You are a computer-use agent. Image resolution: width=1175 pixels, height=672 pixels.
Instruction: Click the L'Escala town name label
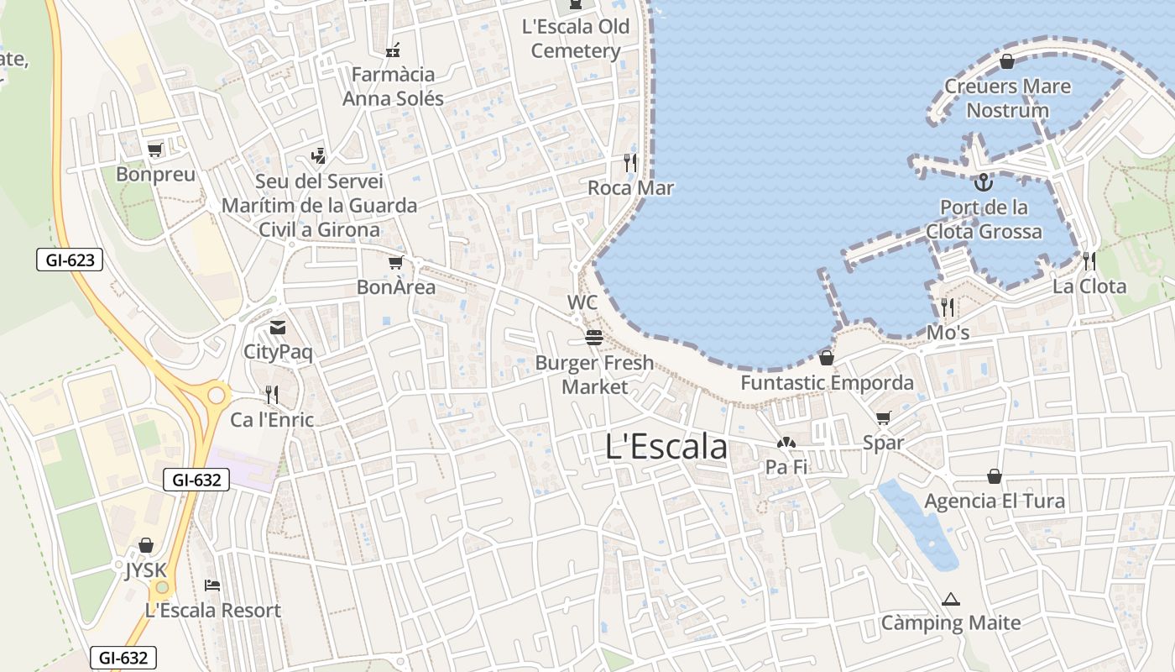[666, 447]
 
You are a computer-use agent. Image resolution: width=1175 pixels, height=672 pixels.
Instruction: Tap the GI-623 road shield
[70, 260]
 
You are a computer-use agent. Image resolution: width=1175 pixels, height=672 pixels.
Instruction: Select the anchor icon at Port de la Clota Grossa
[983, 181]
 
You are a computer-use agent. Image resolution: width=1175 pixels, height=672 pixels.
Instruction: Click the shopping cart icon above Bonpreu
[154, 150]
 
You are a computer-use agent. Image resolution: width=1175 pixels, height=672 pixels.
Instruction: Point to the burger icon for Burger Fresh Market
[594, 338]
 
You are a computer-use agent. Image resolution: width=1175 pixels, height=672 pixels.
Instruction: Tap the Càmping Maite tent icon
[950, 600]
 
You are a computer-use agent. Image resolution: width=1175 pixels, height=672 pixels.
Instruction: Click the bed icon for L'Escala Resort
[212, 585]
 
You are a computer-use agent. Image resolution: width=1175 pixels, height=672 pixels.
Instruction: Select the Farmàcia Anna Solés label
[393, 87]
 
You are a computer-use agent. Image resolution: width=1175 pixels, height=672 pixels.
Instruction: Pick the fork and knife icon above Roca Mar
[630, 162]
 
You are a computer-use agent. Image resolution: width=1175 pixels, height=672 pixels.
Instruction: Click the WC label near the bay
[582, 302]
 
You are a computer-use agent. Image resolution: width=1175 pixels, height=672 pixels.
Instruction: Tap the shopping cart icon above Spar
[883, 417]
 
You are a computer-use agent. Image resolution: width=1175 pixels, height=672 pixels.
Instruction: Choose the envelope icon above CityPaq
[277, 328]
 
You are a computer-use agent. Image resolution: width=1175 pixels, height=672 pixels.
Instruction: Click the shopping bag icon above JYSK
[146, 546]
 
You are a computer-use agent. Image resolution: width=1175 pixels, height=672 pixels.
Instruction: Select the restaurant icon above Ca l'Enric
[271, 394]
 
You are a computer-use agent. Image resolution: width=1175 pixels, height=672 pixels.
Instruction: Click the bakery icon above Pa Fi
[786, 443]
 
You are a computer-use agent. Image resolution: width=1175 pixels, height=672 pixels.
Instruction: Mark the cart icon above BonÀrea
[395, 262]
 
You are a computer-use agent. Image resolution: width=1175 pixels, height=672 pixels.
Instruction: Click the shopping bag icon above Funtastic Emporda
[827, 358]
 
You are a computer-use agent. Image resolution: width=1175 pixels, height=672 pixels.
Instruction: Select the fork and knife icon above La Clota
[1089, 261]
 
